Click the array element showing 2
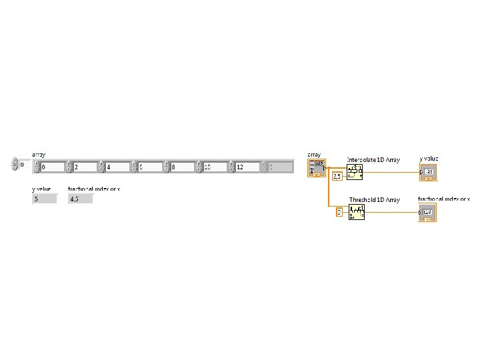[x=85, y=167]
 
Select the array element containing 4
[x=118, y=167]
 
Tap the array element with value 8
[x=183, y=167]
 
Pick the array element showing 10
[x=215, y=167]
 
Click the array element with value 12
[x=247, y=167]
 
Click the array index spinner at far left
[x=15, y=164]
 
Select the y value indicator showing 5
[x=45, y=199]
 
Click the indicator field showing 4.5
[x=80, y=199]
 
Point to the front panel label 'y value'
[x=41, y=189]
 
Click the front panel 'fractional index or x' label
[x=94, y=189]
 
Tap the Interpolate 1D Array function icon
[x=355, y=173]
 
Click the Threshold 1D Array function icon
[x=357, y=212]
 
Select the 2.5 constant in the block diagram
[x=337, y=176]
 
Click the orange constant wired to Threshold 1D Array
[x=339, y=212]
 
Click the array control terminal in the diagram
[x=316, y=167]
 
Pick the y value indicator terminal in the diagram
[x=428, y=173]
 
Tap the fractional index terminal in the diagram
[x=427, y=213]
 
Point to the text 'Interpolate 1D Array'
[x=373, y=160]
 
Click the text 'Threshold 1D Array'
[x=374, y=200]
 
